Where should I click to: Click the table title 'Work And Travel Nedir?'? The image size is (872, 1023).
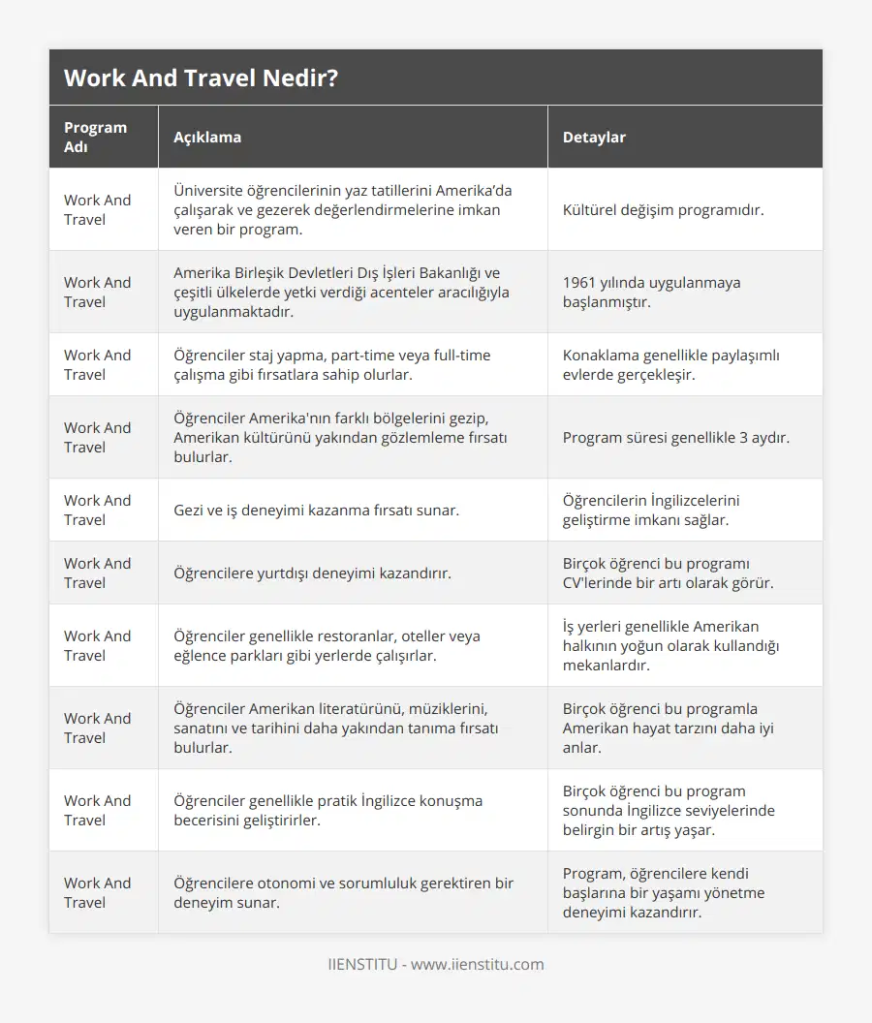(x=201, y=78)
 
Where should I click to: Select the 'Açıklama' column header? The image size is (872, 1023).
(x=207, y=138)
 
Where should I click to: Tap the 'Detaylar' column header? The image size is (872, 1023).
(x=594, y=138)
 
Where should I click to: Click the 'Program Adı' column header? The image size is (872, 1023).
(x=95, y=138)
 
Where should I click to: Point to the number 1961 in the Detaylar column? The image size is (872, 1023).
(x=580, y=283)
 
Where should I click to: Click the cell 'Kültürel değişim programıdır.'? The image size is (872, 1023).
(x=663, y=210)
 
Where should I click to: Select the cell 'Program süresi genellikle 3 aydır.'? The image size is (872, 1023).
(x=675, y=438)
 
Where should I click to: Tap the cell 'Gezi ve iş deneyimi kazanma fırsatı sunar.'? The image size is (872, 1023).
(x=316, y=511)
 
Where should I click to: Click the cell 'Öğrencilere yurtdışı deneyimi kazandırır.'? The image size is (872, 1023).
(x=312, y=573)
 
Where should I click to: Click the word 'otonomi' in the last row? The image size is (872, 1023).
(x=285, y=883)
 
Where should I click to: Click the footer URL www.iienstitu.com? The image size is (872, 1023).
(x=478, y=965)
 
